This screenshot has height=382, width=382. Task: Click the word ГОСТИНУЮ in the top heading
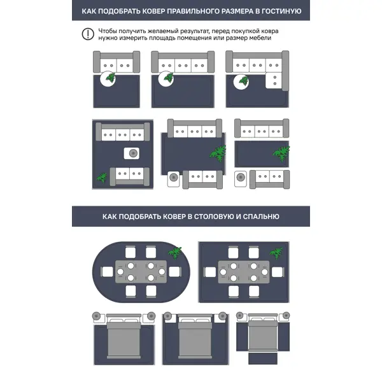(279, 11)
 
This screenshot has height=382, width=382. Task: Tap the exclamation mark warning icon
(87, 34)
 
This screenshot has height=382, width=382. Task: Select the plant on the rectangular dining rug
(276, 253)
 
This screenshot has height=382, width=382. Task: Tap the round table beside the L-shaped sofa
(243, 81)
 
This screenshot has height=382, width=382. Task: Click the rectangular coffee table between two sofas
(132, 153)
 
